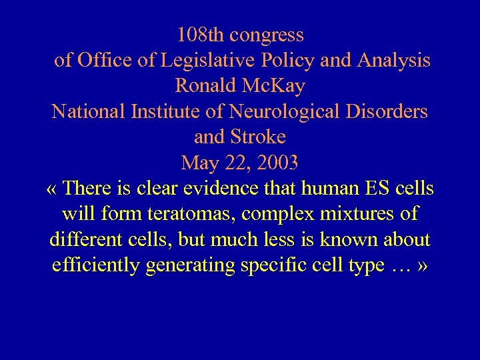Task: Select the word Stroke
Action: click(x=259, y=137)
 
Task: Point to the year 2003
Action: click(x=276, y=163)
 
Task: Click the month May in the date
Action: click(x=199, y=163)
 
